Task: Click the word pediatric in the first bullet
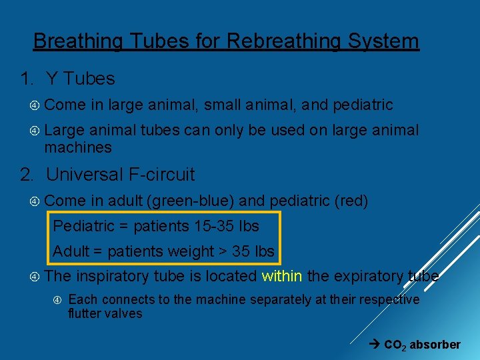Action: pyautogui.click(x=363, y=105)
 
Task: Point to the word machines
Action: pyautogui.click(x=78, y=147)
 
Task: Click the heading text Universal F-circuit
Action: pyautogui.click(x=120, y=175)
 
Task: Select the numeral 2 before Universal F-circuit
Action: pyautogui.click(x=27, y=175)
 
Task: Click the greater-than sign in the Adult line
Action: pyautogui.click(x=207, y=251)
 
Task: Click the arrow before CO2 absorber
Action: pyautogui.click(x=375, y=345)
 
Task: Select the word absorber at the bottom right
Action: pyautogui.click(x=435, y=345)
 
